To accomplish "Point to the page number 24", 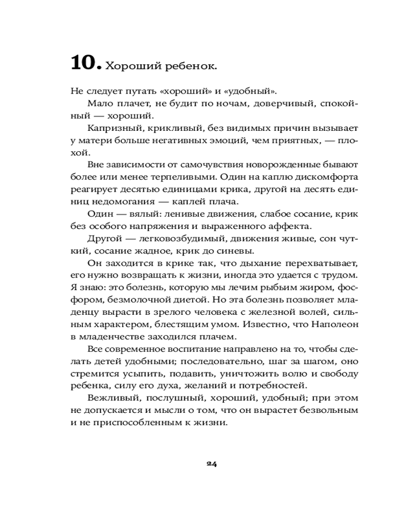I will (212, 463).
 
